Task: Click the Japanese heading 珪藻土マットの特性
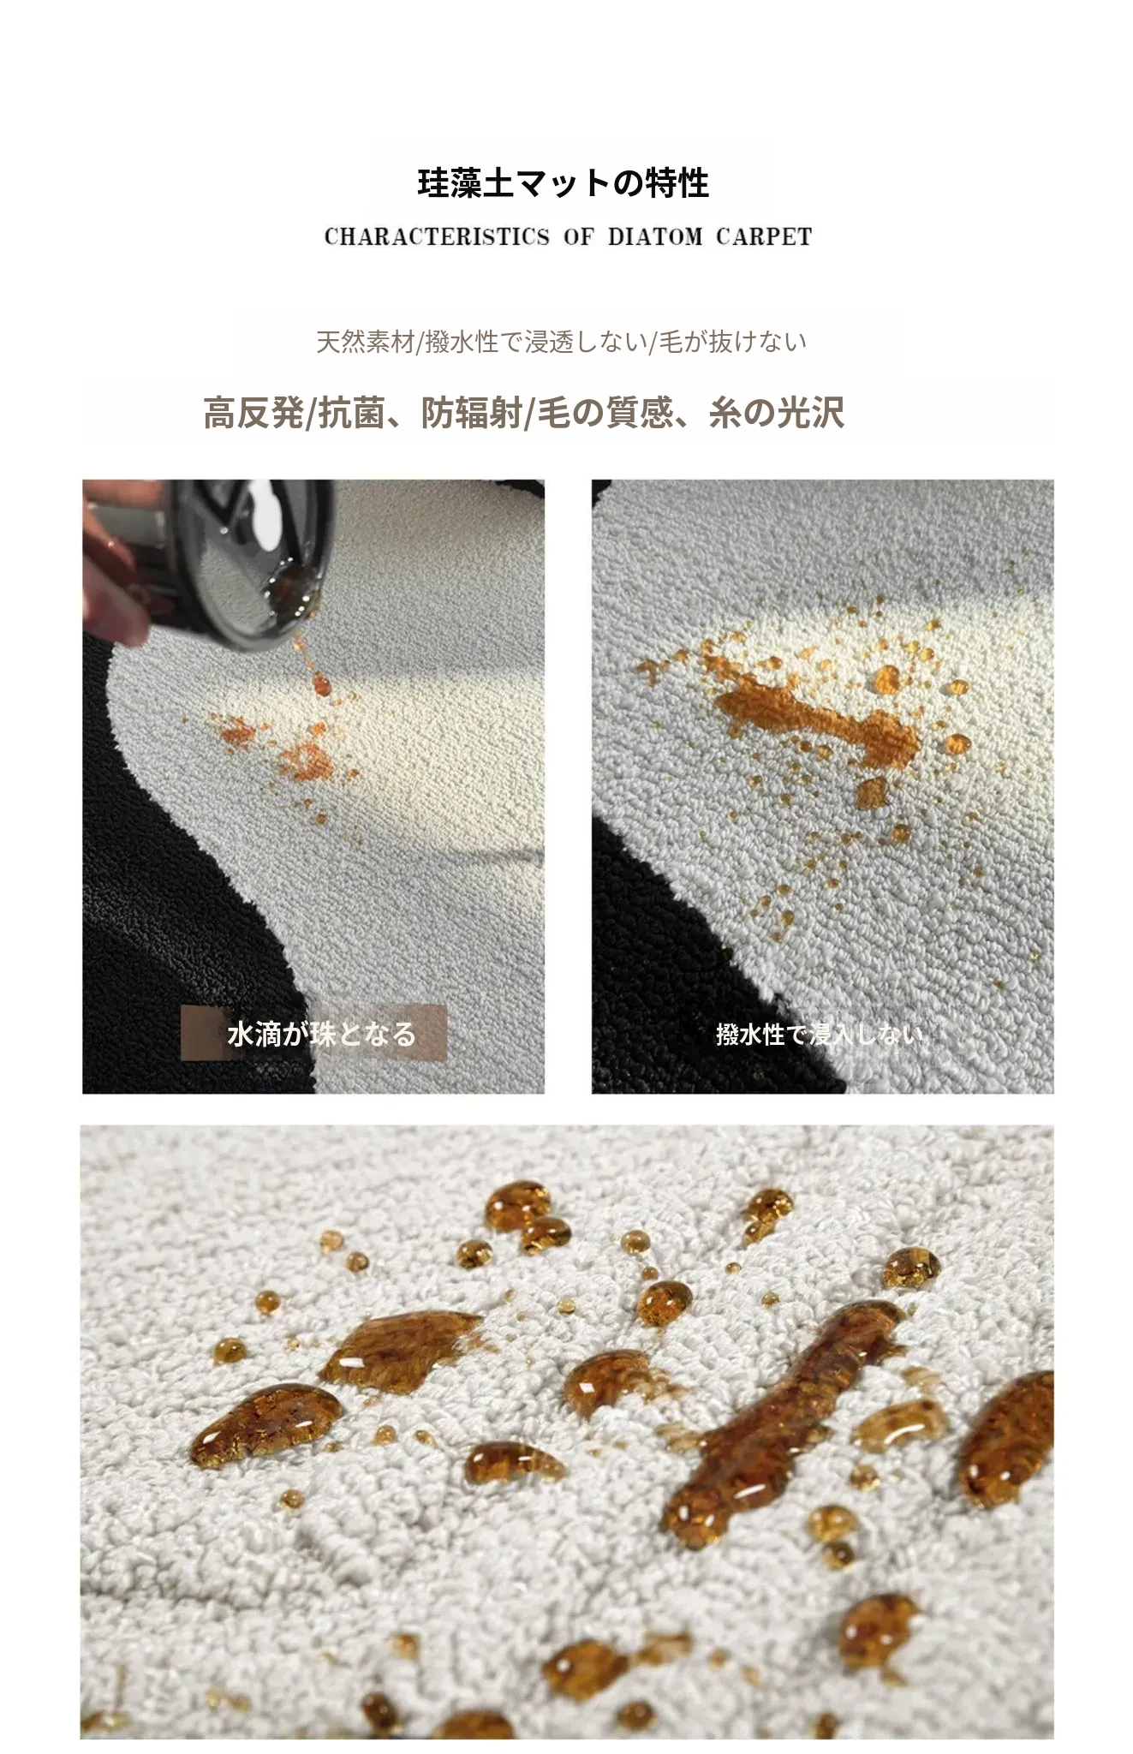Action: [x=563, y=183]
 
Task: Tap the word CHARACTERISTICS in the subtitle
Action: [x=437, y=236]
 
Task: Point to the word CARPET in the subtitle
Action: [x=764, y=236]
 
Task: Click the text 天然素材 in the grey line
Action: [x=366, y=342]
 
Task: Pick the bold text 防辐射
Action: [x=472, y=413]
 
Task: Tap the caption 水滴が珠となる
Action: [x=322, y=1034]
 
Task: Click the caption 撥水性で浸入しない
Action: [x=820, y=1035]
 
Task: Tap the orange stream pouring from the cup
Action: [x=313, y=664]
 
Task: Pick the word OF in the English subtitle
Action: [x=578, y=236]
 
